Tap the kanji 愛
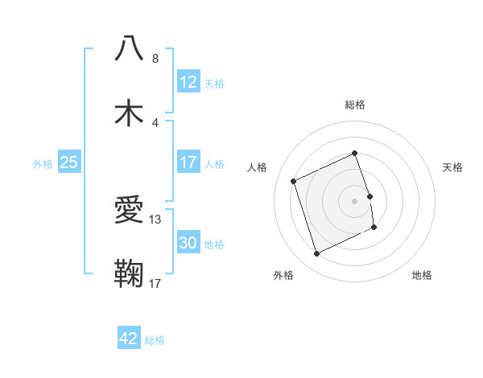[129, 211]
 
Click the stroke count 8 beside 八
[155, 58]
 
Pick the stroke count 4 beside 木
[155, 123]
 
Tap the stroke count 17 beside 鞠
[156, 283]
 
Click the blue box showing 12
[188, 82]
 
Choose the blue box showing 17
[188, 162]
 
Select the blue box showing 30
[188, 243]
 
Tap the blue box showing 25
[69, 162]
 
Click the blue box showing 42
[129, 339]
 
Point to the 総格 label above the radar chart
[355, 105]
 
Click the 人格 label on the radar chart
[258, 167]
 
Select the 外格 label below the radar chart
[283, 275]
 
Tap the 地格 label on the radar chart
[422, 275]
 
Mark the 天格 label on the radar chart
[453, 167]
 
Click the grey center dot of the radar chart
[355, 200]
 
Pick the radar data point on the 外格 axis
[316, 254]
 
